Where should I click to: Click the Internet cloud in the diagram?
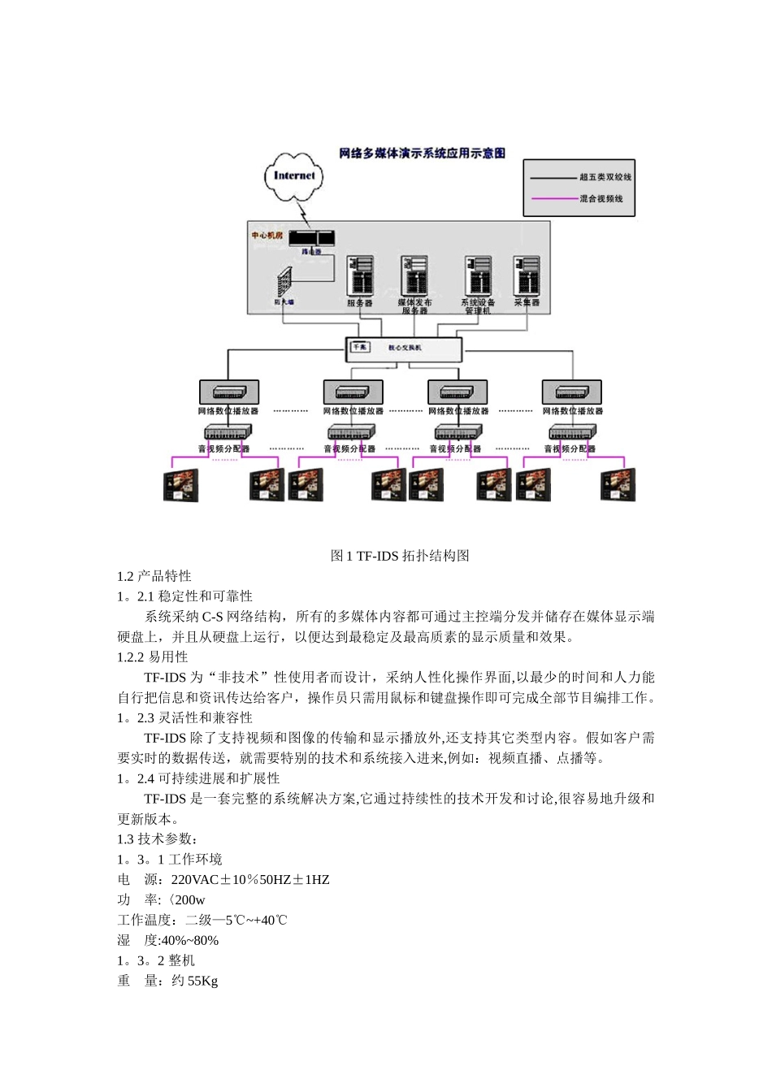click(293, 175)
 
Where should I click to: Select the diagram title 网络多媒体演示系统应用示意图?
click(421, 153)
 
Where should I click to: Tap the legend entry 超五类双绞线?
click(605, 177)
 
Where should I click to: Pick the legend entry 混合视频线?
click(601, 199)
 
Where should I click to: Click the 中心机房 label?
click(267, 236)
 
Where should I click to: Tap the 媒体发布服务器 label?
click(414, 306)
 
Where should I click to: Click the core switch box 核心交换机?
click(404, 349)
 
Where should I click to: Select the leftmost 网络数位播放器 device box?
click(229, 392)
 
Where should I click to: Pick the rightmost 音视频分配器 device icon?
click(572, 432)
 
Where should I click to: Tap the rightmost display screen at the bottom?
click(618, 485)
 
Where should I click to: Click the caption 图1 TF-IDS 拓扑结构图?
click(400, 556)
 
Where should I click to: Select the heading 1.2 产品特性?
click(154, 576)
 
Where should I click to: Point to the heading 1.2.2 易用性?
click(153, 656)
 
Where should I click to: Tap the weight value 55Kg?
click(202, 981)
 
